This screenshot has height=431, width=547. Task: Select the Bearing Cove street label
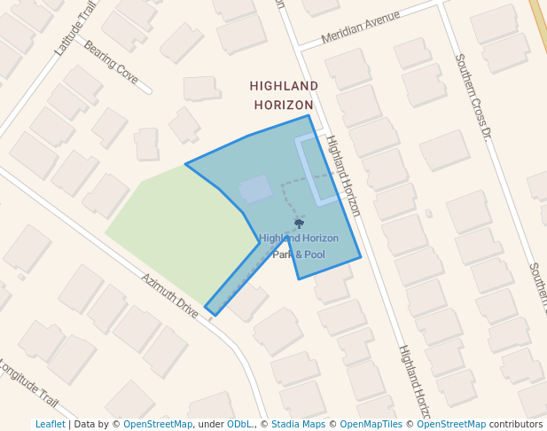pos(111,62)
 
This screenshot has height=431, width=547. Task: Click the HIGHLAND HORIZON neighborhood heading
pos(284,95)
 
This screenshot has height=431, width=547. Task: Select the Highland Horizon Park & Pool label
pos(299,247)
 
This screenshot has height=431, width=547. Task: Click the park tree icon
pos(299,223)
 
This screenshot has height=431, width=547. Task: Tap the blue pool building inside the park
pos(255,189)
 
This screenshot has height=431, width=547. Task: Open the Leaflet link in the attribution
pos(51,425)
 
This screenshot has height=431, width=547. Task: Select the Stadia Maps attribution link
pos(298,425)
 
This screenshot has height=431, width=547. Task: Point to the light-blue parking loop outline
pos(317,168)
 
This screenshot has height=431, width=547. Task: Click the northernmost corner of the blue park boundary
pos(309,115)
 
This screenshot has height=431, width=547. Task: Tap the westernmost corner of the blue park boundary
pos(185,164)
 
